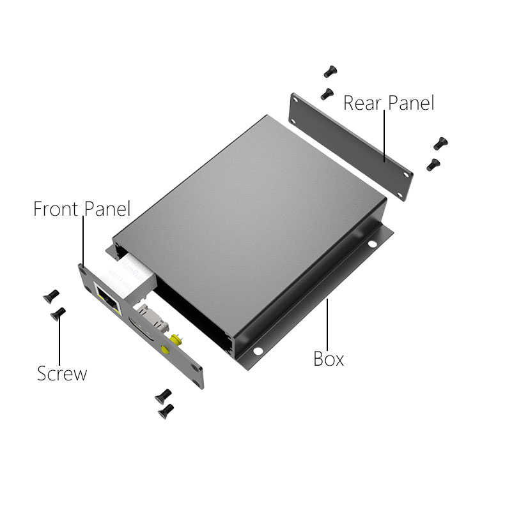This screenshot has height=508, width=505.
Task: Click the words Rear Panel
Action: tap(389, 103)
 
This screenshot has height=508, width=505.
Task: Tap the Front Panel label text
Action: tap(82, 209)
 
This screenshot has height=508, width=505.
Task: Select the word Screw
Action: tap(62, 373)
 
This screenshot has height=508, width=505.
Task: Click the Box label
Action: tap(329, 359)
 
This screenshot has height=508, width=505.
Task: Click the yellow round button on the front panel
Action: tap(166, 350)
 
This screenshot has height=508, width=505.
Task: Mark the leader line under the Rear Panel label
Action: tap(384, 136)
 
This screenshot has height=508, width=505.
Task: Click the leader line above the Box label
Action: tap(327, 324)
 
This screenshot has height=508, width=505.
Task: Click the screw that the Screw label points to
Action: tap(58, 313)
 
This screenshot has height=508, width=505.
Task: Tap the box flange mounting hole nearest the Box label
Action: tap(258, 350)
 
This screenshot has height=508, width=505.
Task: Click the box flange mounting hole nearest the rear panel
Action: tap(372, 244)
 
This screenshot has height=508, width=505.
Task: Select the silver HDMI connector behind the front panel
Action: tap(152, 319)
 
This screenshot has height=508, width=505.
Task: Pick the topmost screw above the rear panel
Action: tap(330, 71)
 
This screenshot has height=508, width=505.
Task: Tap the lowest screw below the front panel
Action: tap(166, 412)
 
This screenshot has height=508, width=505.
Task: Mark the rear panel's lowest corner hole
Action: tap(400, 195)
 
